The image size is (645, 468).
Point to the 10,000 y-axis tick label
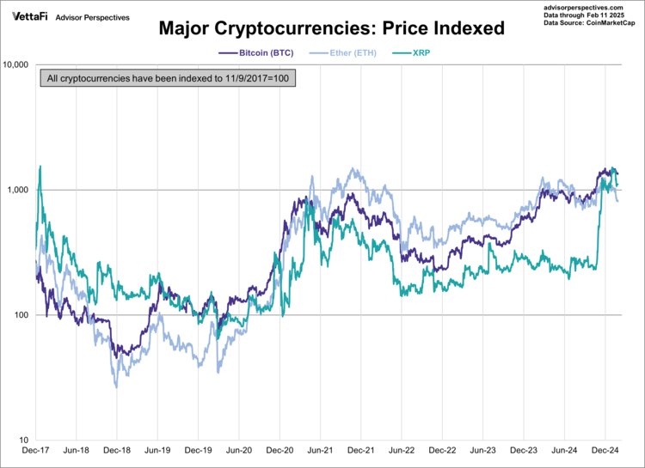(16, 64)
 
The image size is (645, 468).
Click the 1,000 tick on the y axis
(19, 190)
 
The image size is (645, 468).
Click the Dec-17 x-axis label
(36, 451)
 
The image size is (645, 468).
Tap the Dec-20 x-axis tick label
(279, 451)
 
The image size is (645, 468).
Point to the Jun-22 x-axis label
(402, 451)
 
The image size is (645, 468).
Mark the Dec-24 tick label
(605, 451)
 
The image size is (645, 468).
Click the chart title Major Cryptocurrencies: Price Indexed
(331, 28)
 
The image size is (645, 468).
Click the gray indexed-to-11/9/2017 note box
(168, 79)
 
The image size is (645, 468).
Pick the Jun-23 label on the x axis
(482, 451)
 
